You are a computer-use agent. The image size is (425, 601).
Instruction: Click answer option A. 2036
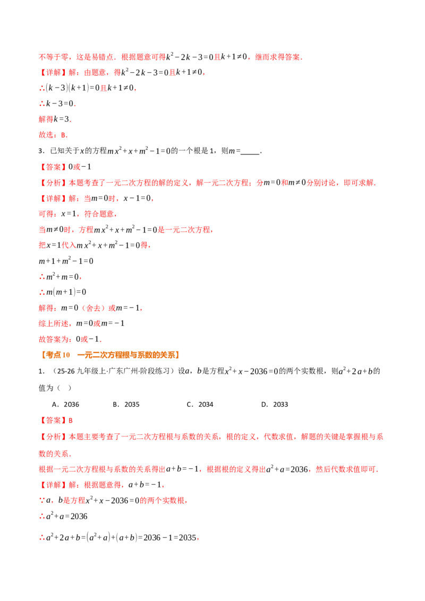coord(65,405)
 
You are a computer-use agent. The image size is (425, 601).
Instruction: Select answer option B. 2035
coord(126,405)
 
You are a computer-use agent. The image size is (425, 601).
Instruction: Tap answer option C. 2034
coord(200,405)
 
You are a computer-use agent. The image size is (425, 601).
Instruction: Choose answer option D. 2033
coord(275,405)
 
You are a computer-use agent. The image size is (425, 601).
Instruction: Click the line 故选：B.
coord(53,135)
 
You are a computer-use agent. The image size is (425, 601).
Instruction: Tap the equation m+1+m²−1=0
coord(66,261)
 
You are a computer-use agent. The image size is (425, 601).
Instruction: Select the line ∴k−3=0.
coord(57,104)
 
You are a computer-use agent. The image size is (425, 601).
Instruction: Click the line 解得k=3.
coord(55,119)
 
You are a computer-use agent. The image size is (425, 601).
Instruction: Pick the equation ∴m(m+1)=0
coord(63,292)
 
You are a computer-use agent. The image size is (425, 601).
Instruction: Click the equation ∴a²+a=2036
coord(63,516)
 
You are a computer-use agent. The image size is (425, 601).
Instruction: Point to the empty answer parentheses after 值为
coord(64,388)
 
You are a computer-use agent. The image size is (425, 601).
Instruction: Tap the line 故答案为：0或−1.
coord(70,339)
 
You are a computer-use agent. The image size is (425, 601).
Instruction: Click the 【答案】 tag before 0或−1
coord(53,167)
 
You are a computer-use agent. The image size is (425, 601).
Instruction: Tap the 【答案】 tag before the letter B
coord(53,420)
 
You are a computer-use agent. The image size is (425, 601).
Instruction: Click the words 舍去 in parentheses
coord(93,308)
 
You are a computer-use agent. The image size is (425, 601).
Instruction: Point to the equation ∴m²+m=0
coord(60,277)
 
